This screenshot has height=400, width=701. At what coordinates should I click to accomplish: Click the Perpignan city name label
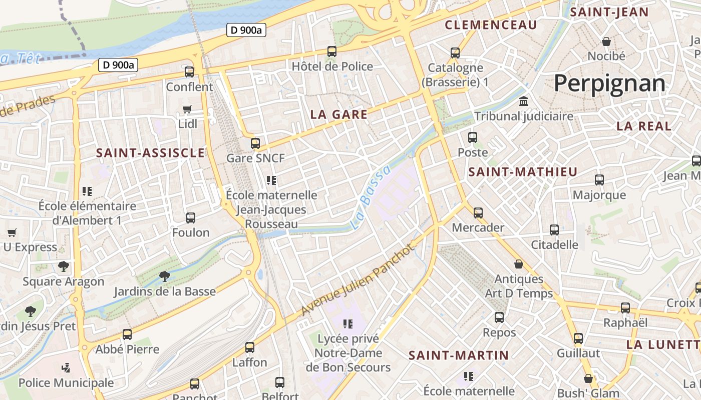tap(609, 83)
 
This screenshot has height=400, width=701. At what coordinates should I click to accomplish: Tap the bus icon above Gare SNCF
tap(255, 143)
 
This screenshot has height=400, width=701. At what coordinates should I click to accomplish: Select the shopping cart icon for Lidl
tap(187, 109)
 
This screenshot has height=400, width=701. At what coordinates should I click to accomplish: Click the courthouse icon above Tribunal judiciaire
tap(524, 101)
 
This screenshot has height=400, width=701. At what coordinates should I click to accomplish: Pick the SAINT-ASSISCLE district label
tap(150, 153)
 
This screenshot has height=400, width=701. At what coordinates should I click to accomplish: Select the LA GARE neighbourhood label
tap(339, 114)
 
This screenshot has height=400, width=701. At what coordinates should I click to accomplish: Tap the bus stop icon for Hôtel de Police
tap(331, 51)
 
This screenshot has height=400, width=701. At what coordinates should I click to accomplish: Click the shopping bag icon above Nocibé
tap(606, 41)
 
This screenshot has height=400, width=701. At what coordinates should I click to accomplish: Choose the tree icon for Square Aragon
tap(63, 266)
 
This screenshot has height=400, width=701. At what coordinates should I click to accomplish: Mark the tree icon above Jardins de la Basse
tap(164, 276)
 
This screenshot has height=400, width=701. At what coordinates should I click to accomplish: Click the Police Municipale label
tap(66, 383)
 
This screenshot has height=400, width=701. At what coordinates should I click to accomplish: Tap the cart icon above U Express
tap(12, 232)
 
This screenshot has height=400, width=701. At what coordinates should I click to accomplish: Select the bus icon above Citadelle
tap(554, 230)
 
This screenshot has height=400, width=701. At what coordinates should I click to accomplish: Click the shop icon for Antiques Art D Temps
tap(519, 263)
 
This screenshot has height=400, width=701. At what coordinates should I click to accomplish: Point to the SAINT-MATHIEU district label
tap(523, 172)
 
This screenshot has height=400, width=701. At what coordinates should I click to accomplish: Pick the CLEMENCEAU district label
tap(491, 25)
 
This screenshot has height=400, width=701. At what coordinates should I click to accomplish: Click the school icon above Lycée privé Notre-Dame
tap(347, 323)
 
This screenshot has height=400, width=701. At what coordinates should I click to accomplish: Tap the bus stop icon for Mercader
tap(478, 213)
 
